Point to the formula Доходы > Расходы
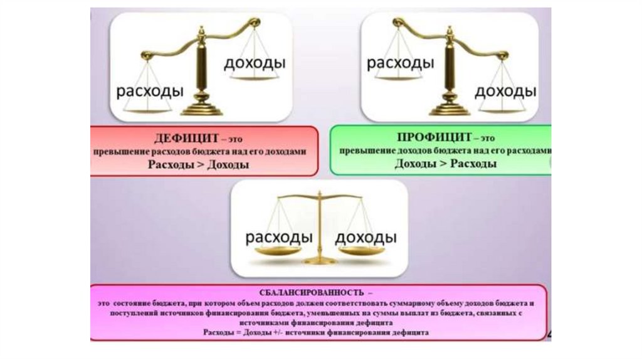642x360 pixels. click(446, 164)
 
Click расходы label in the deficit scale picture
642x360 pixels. click(149, 91)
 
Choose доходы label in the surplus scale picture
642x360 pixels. click(505, 91)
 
